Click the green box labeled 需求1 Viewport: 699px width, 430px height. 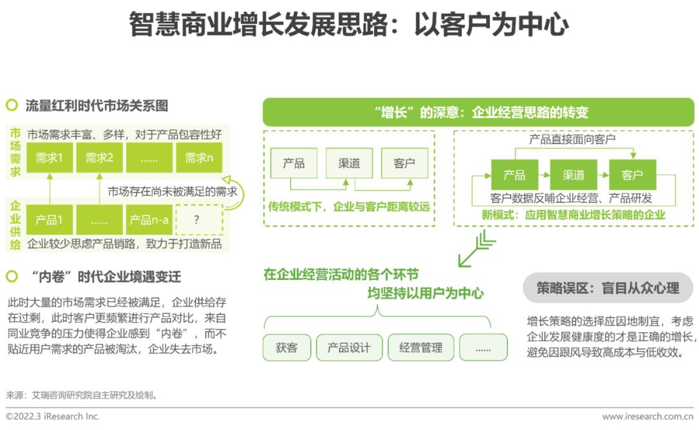click(x=49, y=158)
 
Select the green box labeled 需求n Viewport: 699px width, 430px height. click(x=199, y=158)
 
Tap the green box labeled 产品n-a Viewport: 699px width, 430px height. click(x=149, y=220)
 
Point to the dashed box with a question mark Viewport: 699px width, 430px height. click(x=199, y=220)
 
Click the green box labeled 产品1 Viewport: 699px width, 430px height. click(x=49, y=220)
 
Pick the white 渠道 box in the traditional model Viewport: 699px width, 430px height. click(x=349, y=163)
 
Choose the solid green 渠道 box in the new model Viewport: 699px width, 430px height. click(x=573, y=175)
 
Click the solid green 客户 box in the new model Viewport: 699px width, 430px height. click(x=632, y=175)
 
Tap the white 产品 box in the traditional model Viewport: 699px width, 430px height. click(x=294, y=163)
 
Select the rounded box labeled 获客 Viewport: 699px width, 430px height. click(x=287, y=348)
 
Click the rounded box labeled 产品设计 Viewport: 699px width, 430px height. click(x=349, y=348)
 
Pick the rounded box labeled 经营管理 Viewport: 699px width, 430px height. click(x=421, y=348)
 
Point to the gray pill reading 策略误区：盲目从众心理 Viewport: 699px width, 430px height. click(x=608, y=288)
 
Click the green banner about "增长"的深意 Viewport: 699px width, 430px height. click(x=478, y=112)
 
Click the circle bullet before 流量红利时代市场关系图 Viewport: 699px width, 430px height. click(x=12, y=105)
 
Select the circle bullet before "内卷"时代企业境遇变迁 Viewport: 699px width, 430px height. click(x=12, y=276)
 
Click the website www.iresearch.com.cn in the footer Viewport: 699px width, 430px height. click(x=648, y=416)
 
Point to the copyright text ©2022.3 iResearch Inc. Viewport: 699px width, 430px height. click(x=52, y=416)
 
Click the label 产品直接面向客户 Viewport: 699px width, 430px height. click(x=572, y=140)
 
